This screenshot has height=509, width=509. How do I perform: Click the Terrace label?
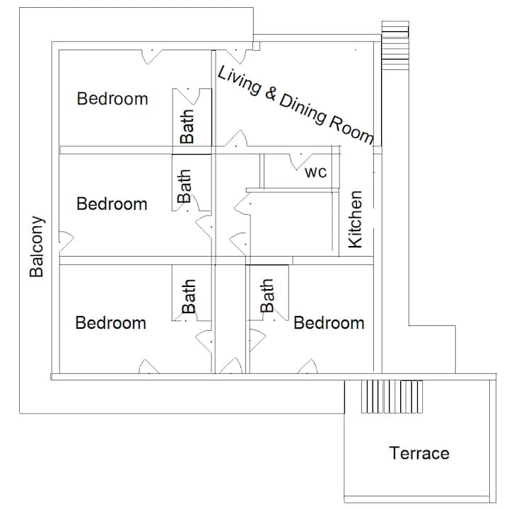[x=419, y=453]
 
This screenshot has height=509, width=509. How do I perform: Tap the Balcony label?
[x=37, y=247]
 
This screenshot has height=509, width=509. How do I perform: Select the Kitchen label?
[x=355, y=219]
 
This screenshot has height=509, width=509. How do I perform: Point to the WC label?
[x=315, y=172]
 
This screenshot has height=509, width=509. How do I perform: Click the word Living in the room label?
[x=239, y=80]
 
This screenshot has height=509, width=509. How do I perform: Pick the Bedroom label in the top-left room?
[x=112, y=99]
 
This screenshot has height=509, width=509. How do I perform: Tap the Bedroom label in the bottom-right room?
[x=329, y=323]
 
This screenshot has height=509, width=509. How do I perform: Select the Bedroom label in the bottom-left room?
[x=111, y=323]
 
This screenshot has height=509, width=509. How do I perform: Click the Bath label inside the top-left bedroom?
[x=187, y=127]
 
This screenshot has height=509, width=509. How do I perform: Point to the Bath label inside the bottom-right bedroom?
[x=267, y=296]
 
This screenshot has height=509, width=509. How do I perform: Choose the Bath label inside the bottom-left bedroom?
[x=188, y=296]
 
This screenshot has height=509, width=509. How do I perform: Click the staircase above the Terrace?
[x=392, y=397]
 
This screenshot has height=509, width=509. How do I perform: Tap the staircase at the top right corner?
[x=395, y=45]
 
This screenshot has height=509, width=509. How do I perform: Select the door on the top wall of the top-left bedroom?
[x=152, y=57]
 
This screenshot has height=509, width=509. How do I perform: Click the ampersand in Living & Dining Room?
[x=271, y=93]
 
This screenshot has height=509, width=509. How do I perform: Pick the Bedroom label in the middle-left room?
[x=112, y=204]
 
